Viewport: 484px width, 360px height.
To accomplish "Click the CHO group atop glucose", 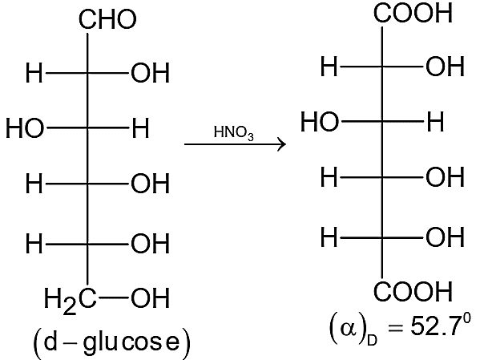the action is point(107,19).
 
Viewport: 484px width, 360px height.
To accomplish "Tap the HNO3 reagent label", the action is point(234,133).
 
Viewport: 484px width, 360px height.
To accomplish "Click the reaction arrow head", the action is point(282,144).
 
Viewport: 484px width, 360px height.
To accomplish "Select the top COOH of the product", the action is point(413,13).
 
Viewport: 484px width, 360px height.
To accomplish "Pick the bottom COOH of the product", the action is point(413,291).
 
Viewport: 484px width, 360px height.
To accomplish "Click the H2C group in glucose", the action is point(71,300).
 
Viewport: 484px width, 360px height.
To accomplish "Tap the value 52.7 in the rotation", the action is point(436,326).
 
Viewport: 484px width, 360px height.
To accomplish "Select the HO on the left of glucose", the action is point(25,128).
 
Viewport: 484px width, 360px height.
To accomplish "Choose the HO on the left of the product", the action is point(320,122).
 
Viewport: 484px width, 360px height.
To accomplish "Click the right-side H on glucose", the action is point(141,127).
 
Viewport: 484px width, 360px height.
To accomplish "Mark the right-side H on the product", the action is point(436,122).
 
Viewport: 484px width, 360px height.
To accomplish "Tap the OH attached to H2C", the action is point(151,298).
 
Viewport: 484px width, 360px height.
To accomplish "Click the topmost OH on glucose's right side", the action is point(151,73).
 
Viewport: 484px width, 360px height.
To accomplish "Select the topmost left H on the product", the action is point(329,67).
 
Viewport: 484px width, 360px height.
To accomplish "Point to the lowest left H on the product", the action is point(329,237).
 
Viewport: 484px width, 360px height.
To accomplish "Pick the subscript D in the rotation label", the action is point(372,340).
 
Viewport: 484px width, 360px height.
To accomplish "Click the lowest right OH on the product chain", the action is point(445,237).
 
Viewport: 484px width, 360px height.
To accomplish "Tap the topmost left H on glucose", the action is point(34,73).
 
